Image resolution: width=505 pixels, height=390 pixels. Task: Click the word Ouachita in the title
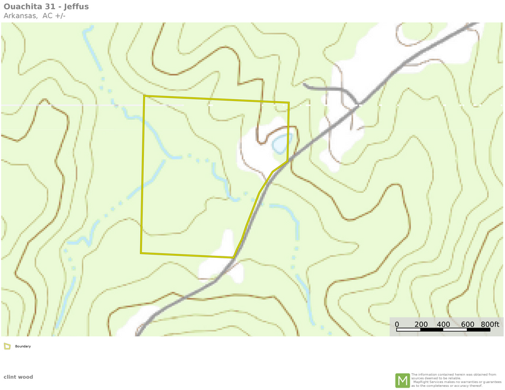click(x=24, y=7)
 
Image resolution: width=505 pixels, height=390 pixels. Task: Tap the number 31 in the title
click(x=52, y=7)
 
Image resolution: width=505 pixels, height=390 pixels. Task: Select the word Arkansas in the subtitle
click(x=21, y=16)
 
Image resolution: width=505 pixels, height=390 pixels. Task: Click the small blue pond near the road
click(x=282, y=142)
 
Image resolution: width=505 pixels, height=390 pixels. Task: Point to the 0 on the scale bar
click(x=397, y=324)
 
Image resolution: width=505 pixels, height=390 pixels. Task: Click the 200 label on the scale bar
click(x=421, y=324)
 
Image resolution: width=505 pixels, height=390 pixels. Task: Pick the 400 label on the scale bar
click(x=444, y=324)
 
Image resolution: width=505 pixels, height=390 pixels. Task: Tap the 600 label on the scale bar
click(x=467, y=324)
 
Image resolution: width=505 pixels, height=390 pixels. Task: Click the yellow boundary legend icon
click(x=7, y=346)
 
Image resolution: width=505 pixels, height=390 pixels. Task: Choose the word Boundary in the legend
click(x=22, y=346)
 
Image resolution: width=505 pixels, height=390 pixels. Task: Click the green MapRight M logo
click(x=402, y=380)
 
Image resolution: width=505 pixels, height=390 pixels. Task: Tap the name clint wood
click(x=18, y=377)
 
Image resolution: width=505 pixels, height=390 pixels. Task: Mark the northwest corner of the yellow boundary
click(x=144, y=96)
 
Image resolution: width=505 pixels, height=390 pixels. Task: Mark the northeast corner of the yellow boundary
click(x=289, y=103)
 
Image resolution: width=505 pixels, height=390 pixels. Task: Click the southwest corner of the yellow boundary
click(x=141, y=253)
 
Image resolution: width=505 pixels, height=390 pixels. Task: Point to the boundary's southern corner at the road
click(x=233, y=257)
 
